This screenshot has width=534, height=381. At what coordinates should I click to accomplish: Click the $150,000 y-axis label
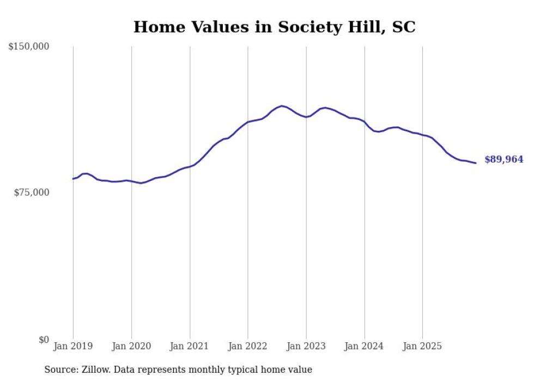[x=29, y=47]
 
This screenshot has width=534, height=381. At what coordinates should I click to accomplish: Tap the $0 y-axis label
[x=44, y=340]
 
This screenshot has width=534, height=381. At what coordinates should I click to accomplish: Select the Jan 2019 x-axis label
[x=73, y=346]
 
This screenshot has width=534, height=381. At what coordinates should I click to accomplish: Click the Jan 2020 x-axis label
[x=131, y=346]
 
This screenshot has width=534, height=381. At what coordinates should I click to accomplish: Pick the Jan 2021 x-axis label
[x=190, y=346]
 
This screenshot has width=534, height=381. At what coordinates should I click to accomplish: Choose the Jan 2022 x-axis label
[x=248, y=346]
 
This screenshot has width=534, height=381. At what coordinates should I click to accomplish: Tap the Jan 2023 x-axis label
[x=306, y=346]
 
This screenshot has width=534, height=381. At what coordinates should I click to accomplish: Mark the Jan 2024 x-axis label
[x=365, y=346]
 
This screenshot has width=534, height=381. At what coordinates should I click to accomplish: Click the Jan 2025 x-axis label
[x=423, y=346]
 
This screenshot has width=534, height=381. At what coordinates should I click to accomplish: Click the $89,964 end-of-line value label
[x=503, y=160]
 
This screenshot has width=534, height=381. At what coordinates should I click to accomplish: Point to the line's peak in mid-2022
[x=282, y=106]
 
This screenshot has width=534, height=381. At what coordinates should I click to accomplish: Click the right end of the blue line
[x=476, y=163]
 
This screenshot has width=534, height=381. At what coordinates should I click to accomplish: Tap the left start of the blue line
[x=73, y=179]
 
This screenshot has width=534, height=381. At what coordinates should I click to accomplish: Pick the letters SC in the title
[x=403, y=27]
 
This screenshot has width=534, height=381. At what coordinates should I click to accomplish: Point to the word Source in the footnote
[x=60, y=370]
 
